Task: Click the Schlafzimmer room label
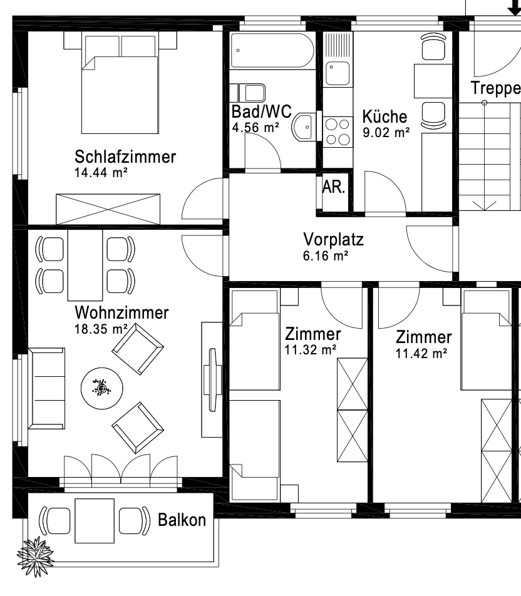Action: pyautogui.click(x=125, y=157)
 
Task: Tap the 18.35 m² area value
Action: pyautogui.click(x=101, y=329)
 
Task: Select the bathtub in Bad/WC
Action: pyautogui.click(x=272, y=51)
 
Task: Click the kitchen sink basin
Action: pyautogui.click(x=338, y=73)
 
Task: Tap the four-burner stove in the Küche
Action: pyautogui.click(x=338, y=132)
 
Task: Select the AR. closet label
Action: pyautogui.click(x=334, y=187)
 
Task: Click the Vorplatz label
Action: pyautogui.click(x=333, y=239)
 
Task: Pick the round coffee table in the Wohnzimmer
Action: pyautogui.click(x=102, y=388)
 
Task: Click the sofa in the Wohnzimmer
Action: pyautogui.click(x=46, y=388)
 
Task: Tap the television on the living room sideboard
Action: pyautogui.click(x=212, y=379)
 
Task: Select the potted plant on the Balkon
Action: pyautogui.click(x=35, y=557)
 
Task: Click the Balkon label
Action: pyautogui.click(x=182, y=520)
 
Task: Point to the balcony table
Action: pyautogui.click(x=95, y=521)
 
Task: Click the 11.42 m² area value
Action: pyautogui.click(x=421, y=354)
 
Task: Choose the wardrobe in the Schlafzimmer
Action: pyautogui.click(x=108, y=209)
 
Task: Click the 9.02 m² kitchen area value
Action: pyautogui.click(x=386, y=133)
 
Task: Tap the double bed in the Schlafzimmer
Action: pyautogui.click(x=120, y=84)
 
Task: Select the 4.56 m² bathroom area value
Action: pyautogui.click(x=255, y=127)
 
